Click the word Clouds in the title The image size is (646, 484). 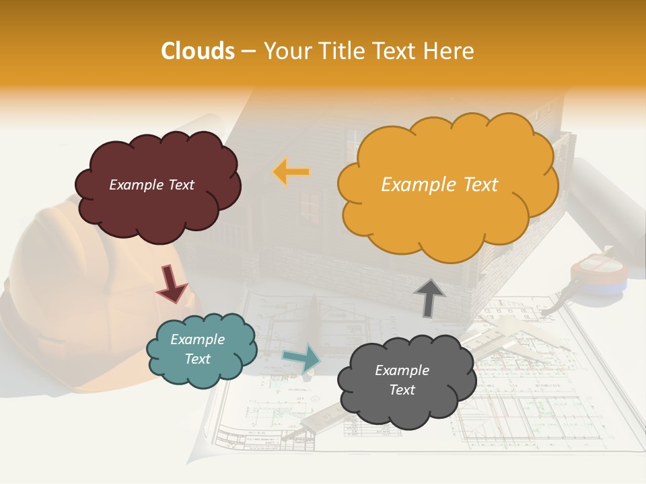[x=198, y=51]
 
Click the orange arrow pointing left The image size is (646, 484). [x=291, y=172]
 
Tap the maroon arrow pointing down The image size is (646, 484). [x=171, y=283]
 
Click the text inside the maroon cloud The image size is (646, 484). [x=151, y=185]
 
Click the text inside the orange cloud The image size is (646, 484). [x=439, y=185]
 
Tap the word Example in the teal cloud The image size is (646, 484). [x=197, y=339]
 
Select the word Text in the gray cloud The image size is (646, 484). [x=402, y=390]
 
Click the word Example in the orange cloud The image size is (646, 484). [x=412, y=185]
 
